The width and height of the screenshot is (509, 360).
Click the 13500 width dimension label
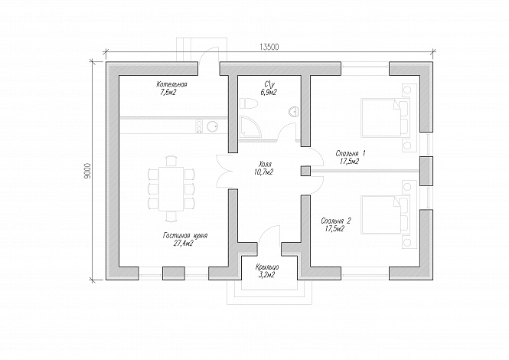pos(269,47)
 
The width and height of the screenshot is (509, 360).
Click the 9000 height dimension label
pos(87,171)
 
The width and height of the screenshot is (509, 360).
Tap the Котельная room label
pos(171,84)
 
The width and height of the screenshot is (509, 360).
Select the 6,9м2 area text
pos(268,93)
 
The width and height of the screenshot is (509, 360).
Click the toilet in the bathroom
pos(248,103)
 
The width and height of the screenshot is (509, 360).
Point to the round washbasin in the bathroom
pos(293,111)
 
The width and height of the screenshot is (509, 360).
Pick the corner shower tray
pos(250,127)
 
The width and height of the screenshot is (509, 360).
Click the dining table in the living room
pos(171,188)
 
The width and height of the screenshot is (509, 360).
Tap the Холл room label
pos(265,164)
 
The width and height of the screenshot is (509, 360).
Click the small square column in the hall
pos(305,171)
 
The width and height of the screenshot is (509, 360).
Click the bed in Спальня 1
pos(385,118)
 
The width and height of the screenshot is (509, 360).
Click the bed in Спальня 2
pos(385,214)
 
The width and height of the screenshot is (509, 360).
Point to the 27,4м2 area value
pos(184,244)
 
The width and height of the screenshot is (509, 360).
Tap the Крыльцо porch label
pos(267,267)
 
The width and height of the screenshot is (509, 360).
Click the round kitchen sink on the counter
pos(213,126)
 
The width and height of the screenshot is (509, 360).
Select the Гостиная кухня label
pos(185,236)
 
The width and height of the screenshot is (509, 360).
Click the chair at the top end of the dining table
pos(171,161)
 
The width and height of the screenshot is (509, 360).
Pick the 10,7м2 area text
pos(264,172)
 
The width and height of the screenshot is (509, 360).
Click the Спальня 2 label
pos(336,221)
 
